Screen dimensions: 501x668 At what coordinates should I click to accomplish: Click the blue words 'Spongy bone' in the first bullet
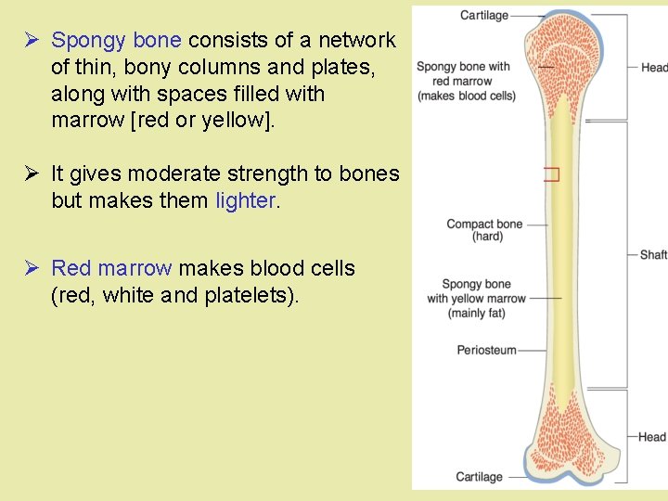[116, 41]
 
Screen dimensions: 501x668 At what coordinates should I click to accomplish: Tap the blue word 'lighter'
[246, 200]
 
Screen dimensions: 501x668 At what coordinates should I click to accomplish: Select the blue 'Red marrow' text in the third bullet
[111, 269]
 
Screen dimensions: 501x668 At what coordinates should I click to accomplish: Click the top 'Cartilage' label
[484, 15]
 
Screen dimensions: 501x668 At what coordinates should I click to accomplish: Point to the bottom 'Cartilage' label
[479, 477]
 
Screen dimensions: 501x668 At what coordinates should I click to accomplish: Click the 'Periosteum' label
[487, 350]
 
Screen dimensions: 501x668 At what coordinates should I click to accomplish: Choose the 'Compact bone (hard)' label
[484, 230]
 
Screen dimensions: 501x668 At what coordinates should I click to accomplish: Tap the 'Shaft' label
[653, 254]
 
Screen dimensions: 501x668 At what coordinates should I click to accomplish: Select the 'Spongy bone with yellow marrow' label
[476, 299]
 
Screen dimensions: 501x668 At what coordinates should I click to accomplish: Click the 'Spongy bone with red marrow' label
[463, 81]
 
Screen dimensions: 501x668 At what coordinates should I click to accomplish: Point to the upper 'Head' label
[654, 68]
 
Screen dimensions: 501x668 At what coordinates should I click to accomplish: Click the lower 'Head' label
[652, 437]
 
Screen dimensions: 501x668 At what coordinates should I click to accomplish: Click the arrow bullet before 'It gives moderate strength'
[32, 173]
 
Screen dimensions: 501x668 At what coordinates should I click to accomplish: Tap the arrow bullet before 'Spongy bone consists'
[32, 41]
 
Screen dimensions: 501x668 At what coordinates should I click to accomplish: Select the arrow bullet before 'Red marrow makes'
[32, 269]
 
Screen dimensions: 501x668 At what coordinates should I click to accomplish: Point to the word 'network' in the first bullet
[357, 41]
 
